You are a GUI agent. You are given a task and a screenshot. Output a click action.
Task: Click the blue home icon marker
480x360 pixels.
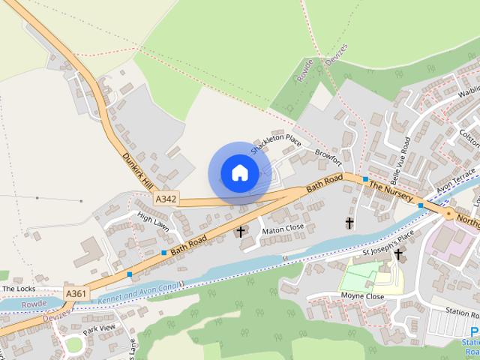pyautogui.click(x=239, y=172)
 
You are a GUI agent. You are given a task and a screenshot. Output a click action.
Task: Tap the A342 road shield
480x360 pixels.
pyautogui.click(x=166, y=199)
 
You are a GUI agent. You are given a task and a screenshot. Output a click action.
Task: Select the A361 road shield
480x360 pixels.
pyautogui.click(x=75, y=293)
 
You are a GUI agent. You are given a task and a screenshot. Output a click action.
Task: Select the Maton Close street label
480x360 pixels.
pyautogui.click(x=283, y=228)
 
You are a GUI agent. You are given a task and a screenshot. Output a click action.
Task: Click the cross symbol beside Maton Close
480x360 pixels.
pyautogui.click(x=241, y=232)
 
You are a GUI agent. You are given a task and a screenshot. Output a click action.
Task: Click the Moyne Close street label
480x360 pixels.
pyautogui.click(x=363, y=297)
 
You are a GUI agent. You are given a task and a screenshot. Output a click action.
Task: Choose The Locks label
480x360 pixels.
pyautogui.click(x=19, y=288)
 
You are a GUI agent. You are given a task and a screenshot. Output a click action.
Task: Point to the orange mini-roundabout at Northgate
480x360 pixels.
pyautogui.click(x=448, y=214)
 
